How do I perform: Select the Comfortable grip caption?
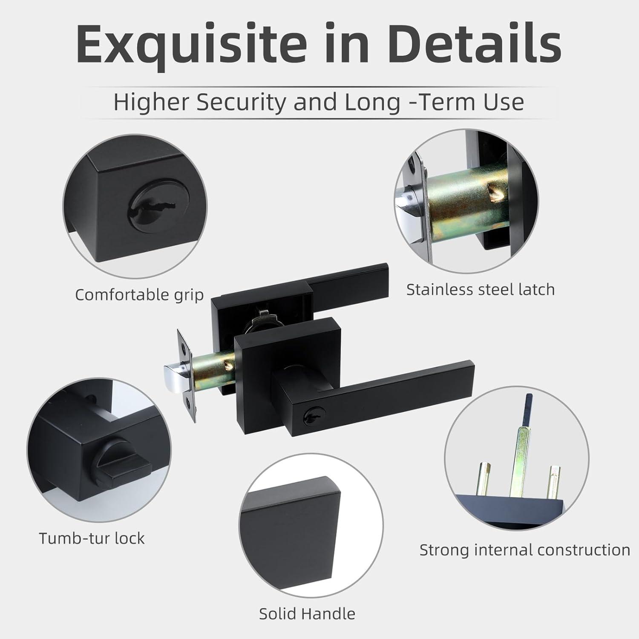pos(139,295)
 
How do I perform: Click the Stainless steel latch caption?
pos(481,290)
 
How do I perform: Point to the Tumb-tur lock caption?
pos(92,538)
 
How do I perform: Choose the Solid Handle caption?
pos(307,613)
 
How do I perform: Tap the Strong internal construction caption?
pos(525,550)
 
